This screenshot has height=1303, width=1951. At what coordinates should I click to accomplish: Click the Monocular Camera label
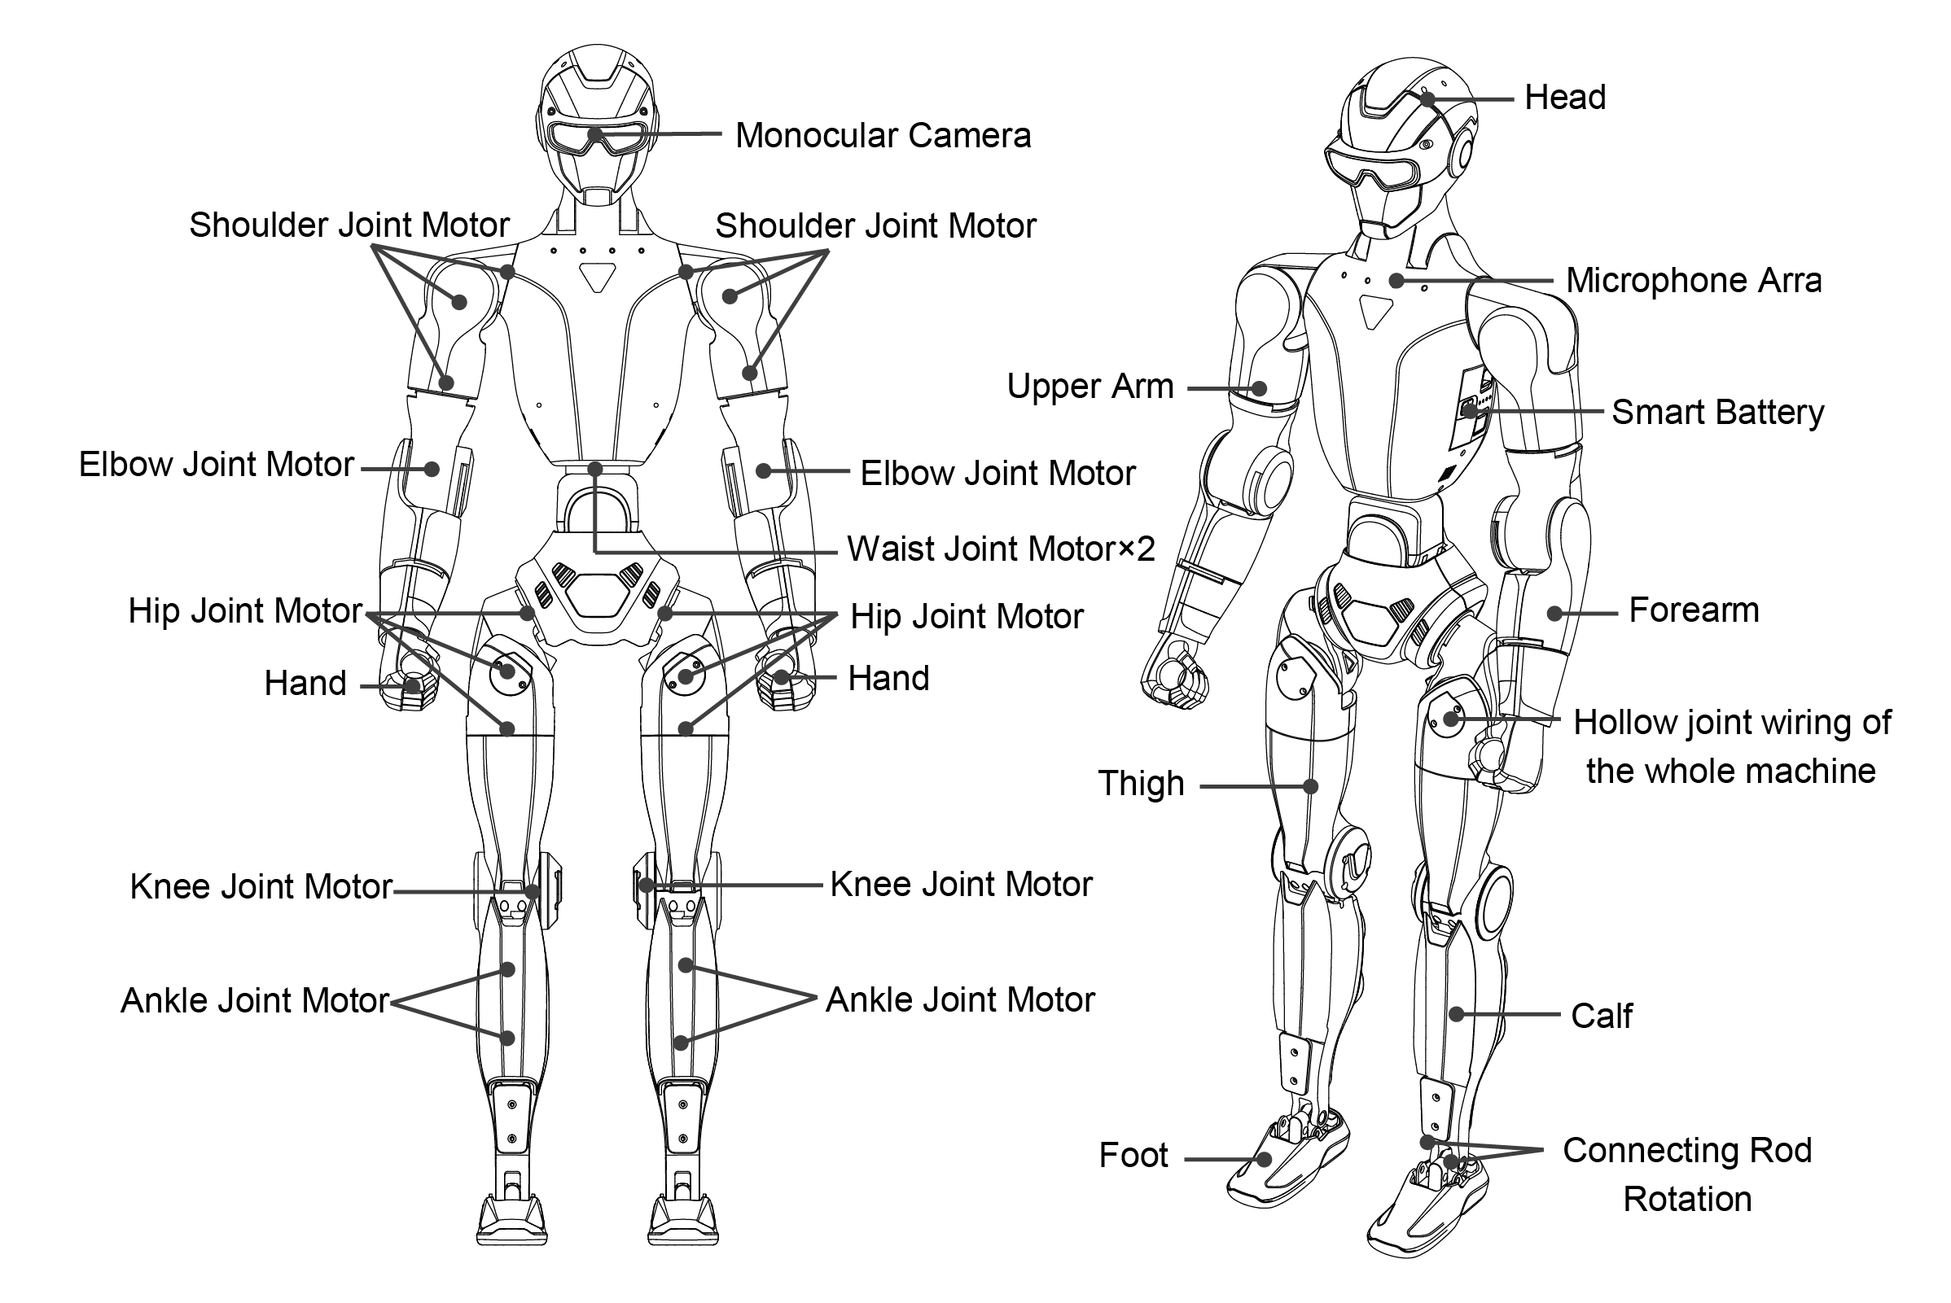883,135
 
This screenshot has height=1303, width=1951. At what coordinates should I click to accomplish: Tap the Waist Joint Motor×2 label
1001,549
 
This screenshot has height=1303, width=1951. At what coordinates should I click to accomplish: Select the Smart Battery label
1717,412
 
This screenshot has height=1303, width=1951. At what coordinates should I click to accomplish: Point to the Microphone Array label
1694,281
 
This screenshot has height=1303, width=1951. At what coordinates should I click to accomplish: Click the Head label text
1564,98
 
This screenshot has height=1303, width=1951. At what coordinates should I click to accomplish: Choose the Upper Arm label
1089,387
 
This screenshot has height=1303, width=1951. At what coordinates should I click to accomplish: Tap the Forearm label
1694,610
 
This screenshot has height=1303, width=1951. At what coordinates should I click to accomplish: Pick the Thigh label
1141,784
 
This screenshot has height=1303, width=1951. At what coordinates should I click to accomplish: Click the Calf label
1601,1016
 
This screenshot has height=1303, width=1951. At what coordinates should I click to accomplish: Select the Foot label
1133,1155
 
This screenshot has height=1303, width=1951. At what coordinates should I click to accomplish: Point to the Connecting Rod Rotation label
1686,1174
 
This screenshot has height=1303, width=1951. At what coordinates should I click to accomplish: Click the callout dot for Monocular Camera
595,134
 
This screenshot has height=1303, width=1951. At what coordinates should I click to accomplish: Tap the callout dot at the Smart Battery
1470,410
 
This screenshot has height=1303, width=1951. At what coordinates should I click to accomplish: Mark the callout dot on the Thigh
1311,786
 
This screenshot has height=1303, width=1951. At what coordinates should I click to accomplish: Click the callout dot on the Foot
1264,1159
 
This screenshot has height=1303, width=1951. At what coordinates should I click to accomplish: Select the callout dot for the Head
1428,100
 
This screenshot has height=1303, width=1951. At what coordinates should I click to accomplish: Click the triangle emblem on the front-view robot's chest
597,277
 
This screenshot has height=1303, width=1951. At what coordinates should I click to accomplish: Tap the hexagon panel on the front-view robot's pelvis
598,595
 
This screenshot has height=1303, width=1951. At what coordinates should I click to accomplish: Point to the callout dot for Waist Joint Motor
595,470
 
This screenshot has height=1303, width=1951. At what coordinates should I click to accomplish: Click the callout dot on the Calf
1457,1015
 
